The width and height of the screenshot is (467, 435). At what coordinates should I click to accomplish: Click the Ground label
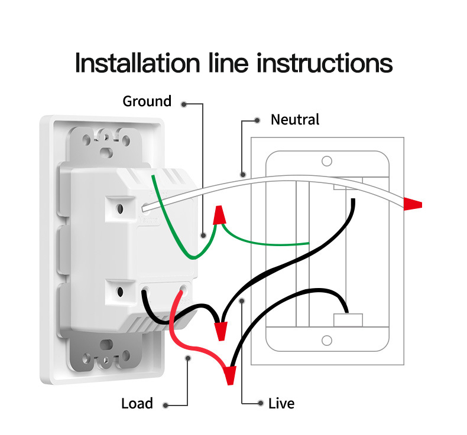coord(147,102)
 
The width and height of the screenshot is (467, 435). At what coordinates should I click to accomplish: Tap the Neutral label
coord(294,120)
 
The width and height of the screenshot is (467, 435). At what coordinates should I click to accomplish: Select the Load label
coord(137,404)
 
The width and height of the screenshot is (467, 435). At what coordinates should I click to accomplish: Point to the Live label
coord(281,404)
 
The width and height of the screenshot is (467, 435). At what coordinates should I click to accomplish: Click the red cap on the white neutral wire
coord(413,205)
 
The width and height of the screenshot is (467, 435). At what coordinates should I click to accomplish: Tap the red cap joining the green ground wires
coord(219,215)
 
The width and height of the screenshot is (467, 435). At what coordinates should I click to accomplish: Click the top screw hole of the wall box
coord(326,161)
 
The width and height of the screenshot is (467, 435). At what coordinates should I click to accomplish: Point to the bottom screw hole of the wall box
coord(326,341)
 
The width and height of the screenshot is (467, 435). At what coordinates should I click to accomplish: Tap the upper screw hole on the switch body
coord(120,208)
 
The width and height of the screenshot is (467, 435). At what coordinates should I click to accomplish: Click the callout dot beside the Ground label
coord(185,104)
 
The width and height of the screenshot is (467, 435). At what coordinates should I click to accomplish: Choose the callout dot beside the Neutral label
coord(257,120)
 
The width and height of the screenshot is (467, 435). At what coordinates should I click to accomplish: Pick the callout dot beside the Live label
coord(260,404)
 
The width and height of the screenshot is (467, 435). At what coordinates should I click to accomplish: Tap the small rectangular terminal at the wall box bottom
coord(348,320)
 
